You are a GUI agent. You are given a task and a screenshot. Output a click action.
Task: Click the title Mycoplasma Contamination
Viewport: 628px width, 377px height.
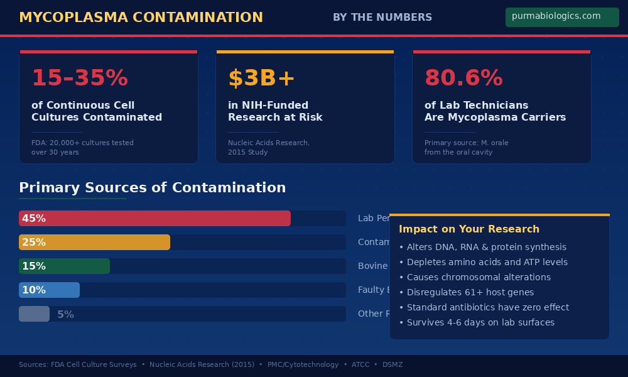point(141,18)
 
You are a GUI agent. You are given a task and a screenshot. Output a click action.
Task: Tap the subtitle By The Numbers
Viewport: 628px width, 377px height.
point(382,18)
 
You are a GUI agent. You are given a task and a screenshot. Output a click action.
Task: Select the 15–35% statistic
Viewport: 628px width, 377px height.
point(80,78)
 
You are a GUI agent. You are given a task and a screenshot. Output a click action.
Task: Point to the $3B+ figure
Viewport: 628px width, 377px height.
point(261,78)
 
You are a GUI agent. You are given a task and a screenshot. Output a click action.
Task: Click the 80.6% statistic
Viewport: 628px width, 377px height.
point(463,78)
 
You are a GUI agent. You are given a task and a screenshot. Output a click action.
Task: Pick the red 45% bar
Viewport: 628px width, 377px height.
point(154,218)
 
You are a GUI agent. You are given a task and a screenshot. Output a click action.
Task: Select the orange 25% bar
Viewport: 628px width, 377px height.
point(94,242)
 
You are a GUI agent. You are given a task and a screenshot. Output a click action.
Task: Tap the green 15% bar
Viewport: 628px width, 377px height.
point(64,266)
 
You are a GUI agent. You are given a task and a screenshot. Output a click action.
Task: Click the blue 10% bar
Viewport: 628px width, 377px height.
point(49,290)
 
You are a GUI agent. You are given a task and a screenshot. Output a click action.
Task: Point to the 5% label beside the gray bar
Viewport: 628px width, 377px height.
point(65,314)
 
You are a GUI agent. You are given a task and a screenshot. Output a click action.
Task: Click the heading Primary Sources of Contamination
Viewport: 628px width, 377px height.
point(152,188)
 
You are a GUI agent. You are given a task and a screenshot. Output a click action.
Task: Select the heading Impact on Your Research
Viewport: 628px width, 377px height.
point(468,229)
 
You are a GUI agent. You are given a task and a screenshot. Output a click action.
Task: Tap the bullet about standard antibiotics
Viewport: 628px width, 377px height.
point(484,307)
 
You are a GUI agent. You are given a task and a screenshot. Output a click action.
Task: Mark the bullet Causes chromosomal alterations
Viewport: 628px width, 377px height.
point(474,277)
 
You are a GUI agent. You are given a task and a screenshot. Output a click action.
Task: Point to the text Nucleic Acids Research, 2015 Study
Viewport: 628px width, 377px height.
point(268,147)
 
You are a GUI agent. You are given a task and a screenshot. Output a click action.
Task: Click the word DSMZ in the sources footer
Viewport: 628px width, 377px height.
point(392,364)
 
